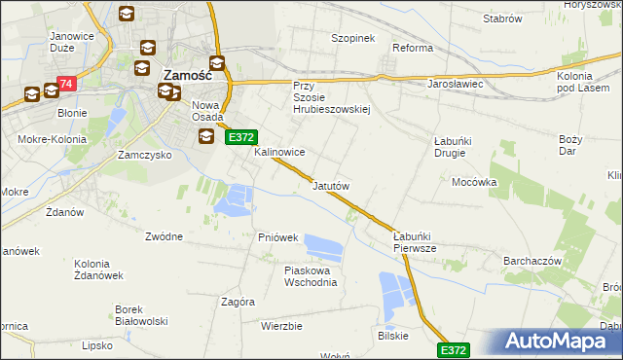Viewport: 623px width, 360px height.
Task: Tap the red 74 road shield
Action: click(66, 86)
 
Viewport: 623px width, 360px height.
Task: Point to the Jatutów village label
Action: click(330, 185)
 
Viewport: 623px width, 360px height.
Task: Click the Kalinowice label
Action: click(280, 153)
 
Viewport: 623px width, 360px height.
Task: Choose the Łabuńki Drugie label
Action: click(453, 147)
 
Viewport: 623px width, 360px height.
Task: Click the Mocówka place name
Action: click(474, 181)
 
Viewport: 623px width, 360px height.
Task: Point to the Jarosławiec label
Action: click(457, 84)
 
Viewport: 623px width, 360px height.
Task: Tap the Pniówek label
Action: click(277, 237)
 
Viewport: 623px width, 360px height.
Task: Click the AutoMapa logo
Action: click(559, 342)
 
